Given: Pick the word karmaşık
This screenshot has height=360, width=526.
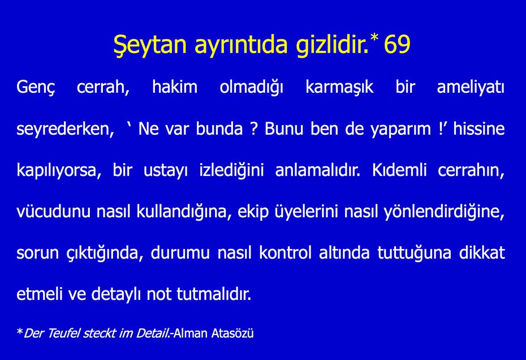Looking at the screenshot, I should (x=339, y=88).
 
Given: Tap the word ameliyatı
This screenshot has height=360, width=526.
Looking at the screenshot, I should (x=471, y=88).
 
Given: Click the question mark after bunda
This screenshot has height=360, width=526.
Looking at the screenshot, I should (x=254, y=128).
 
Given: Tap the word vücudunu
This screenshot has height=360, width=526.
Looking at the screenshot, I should (x=48, y=212).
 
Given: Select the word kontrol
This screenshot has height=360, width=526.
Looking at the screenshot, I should (x=285, y=252).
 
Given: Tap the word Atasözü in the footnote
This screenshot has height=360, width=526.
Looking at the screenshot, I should (x=232, y=333).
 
